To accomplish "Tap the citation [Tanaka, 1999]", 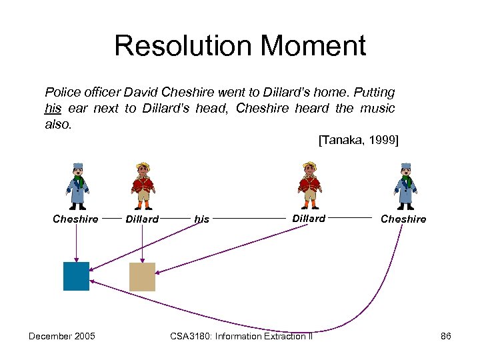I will pos(358,140).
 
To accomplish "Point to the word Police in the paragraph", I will pos(60,92).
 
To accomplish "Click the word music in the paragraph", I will pos(379,108).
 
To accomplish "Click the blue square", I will pos(76,276).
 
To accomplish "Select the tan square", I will pos(141,277).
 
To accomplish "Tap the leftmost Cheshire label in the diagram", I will pos(75,219).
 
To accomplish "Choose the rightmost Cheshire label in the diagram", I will pos(403,219).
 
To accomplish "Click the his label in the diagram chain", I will pos(201,219).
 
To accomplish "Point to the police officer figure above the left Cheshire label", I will pos(78,186).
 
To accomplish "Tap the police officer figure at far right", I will pos(405,186).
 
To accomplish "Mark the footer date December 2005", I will pos(61,336).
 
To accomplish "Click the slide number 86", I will pos(446,336).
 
